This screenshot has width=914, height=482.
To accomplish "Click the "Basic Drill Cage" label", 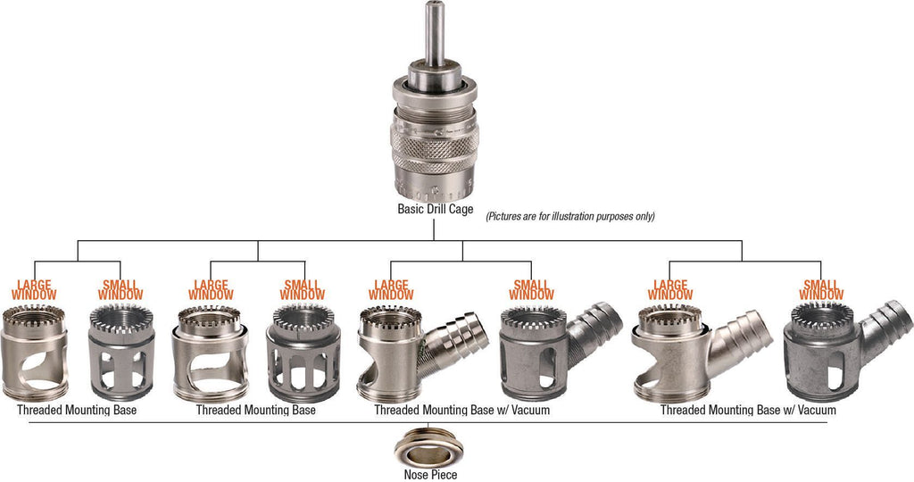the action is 436,209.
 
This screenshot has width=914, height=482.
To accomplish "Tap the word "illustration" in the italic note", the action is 583,216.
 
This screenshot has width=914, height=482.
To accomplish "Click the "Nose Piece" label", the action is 430,475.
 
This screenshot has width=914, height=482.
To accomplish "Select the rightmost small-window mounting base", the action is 821,353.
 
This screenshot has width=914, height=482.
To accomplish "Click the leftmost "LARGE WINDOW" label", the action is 35,290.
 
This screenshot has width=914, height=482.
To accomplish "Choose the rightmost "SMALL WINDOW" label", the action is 821,290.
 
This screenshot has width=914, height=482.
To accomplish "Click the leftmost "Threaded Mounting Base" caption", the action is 77,410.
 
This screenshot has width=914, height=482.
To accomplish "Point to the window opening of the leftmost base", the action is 35,363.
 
